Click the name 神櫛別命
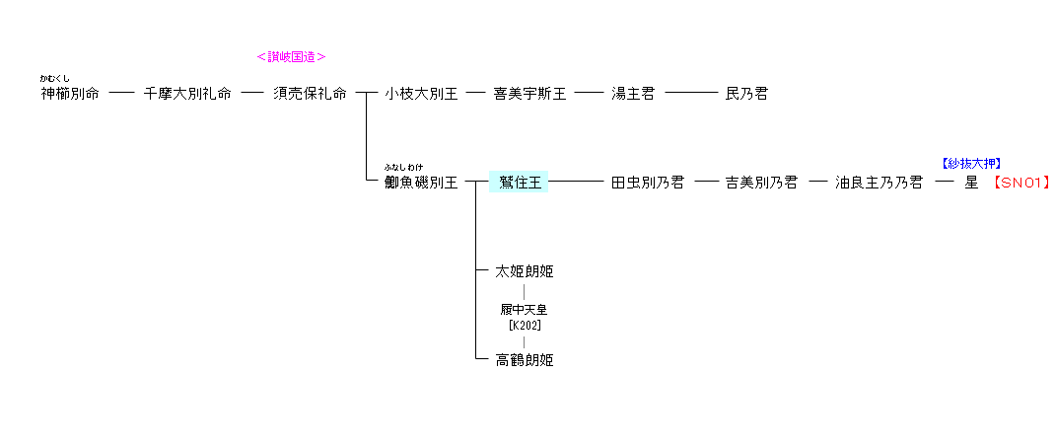(70, 94)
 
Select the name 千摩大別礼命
(187, 94)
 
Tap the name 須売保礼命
(310, 94)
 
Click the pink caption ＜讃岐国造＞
(291, 57)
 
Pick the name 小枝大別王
(421, 94)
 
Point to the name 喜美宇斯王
(529, 94)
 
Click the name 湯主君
(633, 94)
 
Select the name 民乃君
(746, 94)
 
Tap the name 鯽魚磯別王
(421, 183)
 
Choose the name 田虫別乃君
(648, 183)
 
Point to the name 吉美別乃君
(761, 183)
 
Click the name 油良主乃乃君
(879, 183)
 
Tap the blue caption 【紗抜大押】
(972, 164)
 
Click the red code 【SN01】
(1021, 183)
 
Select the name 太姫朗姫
(525, 271)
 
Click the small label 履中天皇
(525, 310)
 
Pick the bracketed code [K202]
(525, 325)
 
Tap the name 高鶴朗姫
(525, 360)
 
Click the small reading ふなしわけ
(403, 167)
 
